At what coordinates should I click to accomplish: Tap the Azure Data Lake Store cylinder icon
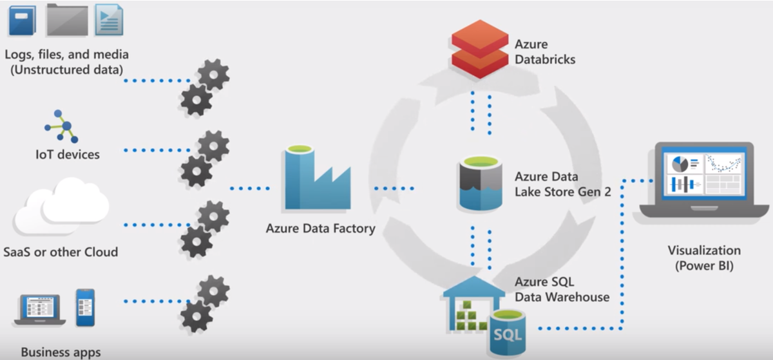(x=481, y=184)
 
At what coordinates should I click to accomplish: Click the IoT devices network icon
(x=62, y=126)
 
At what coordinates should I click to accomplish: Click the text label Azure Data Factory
(x=320, y=229)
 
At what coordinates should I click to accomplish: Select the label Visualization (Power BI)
(x=703, y=258)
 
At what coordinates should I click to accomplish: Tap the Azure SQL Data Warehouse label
(x=561, y=290)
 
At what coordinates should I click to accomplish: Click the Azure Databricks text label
(x=544, y=52)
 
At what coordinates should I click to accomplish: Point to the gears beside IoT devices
(x=205, y=158)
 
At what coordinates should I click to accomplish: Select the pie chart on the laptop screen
(x=679, y=164)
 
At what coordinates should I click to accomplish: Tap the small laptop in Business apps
(x=40, y=310)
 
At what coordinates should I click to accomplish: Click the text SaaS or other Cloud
(x=61, y=252)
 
